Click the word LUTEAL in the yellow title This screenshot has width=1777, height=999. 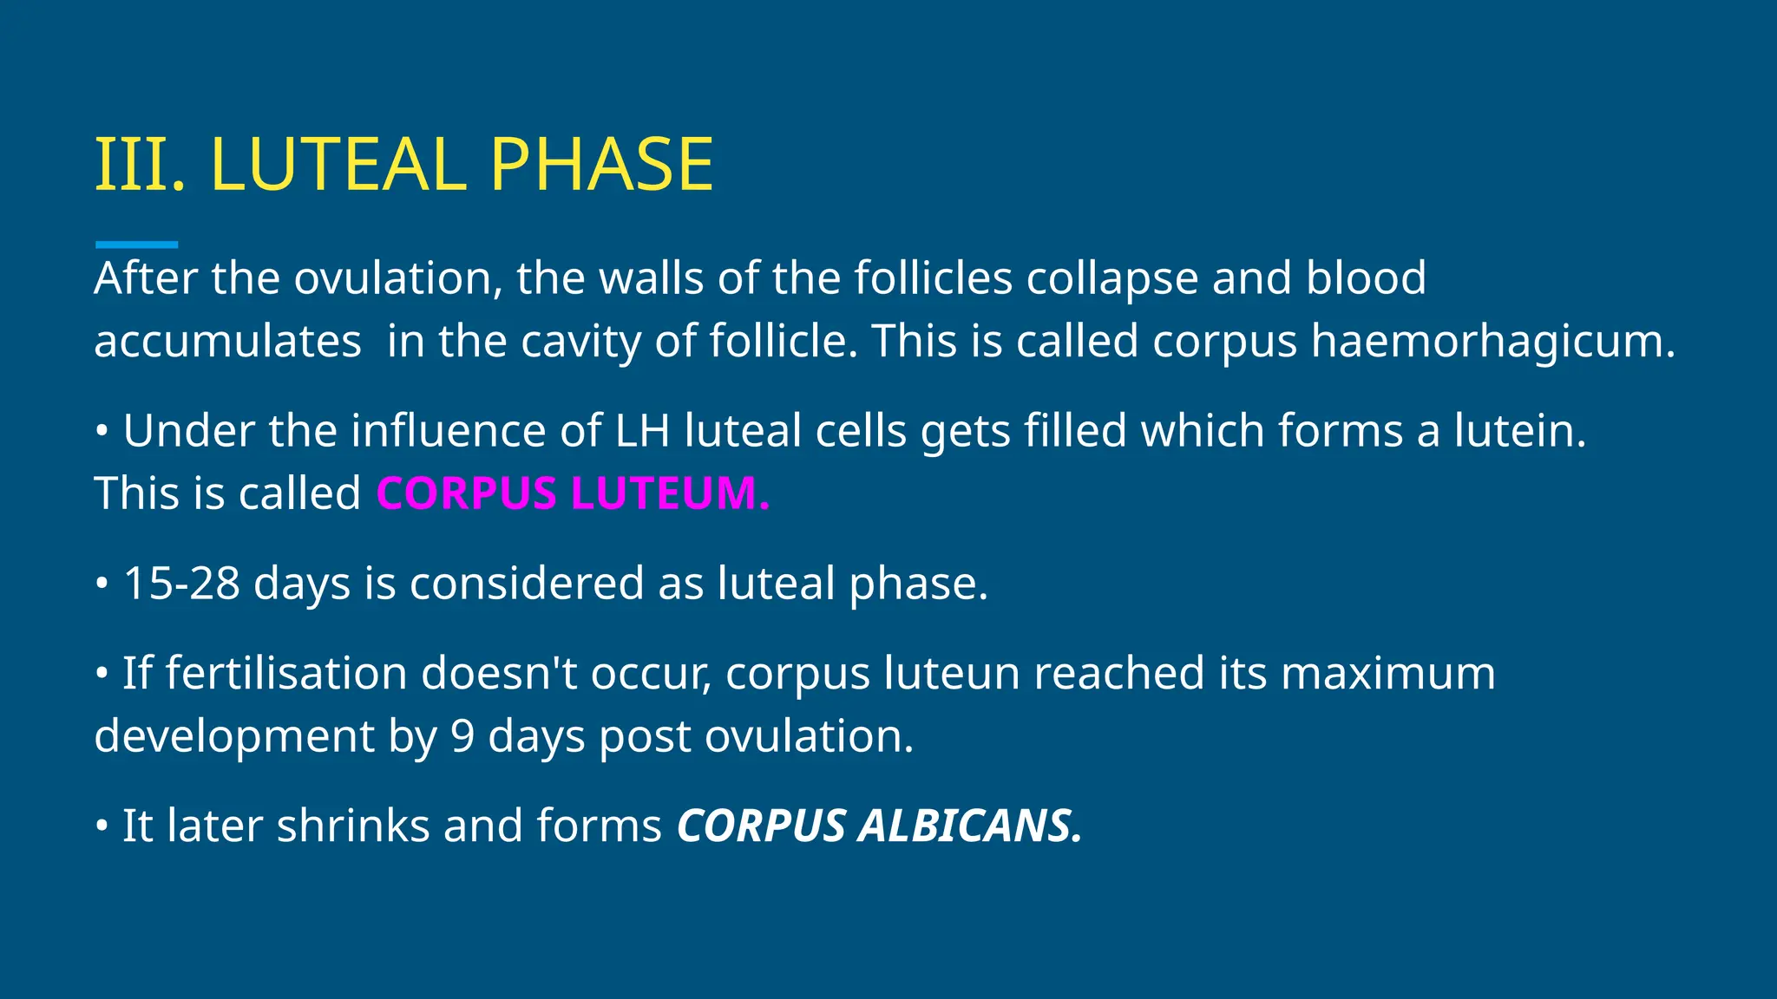338,165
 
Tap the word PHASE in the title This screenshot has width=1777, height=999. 601,165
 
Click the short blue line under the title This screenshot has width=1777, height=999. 136,245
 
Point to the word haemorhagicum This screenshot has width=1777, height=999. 1492,341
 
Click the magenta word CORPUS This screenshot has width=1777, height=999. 466,493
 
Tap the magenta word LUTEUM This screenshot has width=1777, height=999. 669,493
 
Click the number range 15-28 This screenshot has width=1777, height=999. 181,583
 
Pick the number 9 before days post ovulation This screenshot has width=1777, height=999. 462,736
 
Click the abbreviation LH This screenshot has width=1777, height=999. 642,431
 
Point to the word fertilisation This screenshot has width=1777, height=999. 286,673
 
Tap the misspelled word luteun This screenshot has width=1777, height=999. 951,673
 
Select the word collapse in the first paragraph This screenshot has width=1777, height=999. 1111,278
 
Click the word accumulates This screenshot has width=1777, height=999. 227,341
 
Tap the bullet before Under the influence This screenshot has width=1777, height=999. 102,430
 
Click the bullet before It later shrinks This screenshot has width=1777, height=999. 102,825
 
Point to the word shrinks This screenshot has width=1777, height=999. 353,826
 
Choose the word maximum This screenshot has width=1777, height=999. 1387,673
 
